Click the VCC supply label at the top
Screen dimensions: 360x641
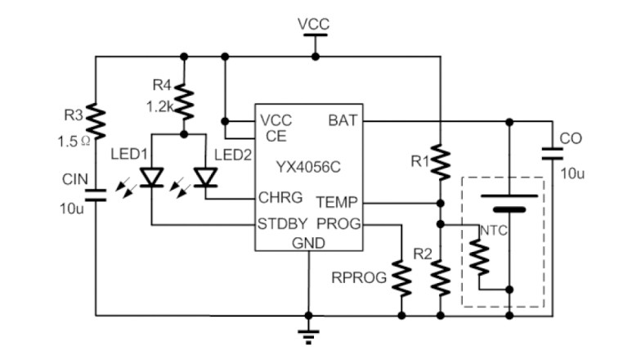(x=314, y=24)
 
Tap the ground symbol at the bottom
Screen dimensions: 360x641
(x=308, y=333)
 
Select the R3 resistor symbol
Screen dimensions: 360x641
(x=96, y=120)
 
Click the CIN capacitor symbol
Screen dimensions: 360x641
(x=96, y=195)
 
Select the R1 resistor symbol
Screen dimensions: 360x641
(x=441, y=162)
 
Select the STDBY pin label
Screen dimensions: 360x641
(x=283, y=223)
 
